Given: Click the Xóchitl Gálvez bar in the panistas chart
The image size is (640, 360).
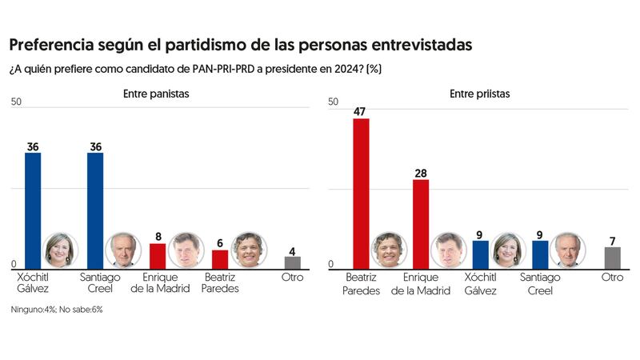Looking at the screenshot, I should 33,210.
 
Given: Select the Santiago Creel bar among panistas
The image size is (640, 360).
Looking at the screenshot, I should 95,210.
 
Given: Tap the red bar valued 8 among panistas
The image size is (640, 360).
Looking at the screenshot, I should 158,256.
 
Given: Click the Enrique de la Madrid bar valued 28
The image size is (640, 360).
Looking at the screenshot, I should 421,224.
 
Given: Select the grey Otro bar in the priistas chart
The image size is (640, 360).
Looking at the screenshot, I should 612,258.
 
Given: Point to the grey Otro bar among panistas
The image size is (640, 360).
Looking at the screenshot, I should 293,262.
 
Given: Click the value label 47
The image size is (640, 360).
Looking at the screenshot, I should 361,111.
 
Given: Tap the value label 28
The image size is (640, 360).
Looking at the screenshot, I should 421,172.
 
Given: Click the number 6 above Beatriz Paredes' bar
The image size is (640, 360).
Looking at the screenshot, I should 220,242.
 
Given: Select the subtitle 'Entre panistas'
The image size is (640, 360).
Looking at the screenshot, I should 156,94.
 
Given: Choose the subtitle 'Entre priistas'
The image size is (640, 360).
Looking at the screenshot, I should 480,94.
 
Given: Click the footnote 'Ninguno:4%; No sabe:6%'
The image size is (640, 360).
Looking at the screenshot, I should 57,309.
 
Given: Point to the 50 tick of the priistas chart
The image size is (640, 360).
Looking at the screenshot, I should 334,102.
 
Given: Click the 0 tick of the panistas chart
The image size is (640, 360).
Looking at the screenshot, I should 14,265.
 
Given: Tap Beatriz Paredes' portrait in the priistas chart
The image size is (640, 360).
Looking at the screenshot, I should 389,250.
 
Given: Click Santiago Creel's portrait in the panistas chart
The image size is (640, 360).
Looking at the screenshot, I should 123,250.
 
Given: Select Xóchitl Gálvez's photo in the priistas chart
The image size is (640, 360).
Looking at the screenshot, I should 508,250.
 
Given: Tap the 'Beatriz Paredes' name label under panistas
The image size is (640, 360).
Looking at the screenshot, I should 221,283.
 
